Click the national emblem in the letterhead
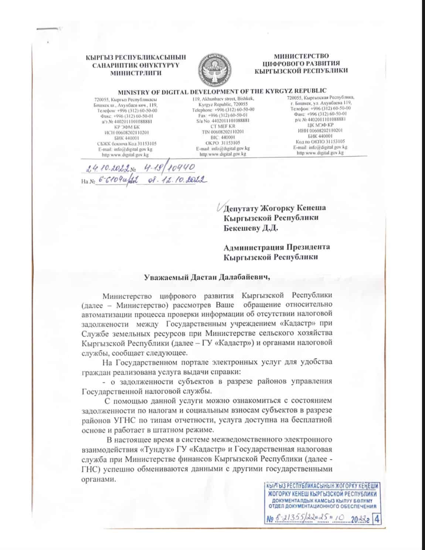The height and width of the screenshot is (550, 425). [215, 69]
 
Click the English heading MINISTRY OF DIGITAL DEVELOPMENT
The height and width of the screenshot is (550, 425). [222, 91]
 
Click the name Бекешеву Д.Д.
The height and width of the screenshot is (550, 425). [251, 228]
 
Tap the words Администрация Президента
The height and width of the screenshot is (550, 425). [277, 247]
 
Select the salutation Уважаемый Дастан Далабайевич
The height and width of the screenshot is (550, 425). [207, 278]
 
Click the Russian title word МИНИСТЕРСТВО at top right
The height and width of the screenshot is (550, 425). [301, 56]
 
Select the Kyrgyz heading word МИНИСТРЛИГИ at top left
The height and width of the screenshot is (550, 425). [136, 73]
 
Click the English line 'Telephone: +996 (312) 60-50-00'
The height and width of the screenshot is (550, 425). [223, 110]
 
